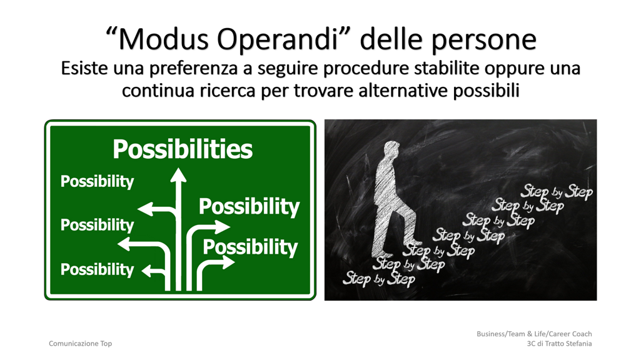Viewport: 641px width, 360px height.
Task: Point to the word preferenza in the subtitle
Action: [x=193, y=68]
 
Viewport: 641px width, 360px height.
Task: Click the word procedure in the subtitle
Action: [x=366, y=69]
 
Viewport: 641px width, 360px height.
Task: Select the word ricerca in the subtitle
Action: [x=227, y=90]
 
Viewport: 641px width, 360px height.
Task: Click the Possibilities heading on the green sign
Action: [x=183, y=149]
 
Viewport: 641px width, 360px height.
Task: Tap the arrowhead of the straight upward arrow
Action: [x=178, y=175]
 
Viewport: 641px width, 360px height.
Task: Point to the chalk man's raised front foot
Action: [x=412, y=240]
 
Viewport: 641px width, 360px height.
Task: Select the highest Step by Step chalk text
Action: [x=557, y=192]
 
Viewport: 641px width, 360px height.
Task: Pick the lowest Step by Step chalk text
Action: [x=378, y=278]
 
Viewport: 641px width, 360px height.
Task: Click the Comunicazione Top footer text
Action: [x=80, y=344]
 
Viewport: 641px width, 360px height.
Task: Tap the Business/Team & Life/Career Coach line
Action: [x=534, y=334]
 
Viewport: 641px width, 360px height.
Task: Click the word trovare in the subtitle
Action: [x=323, y=91]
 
